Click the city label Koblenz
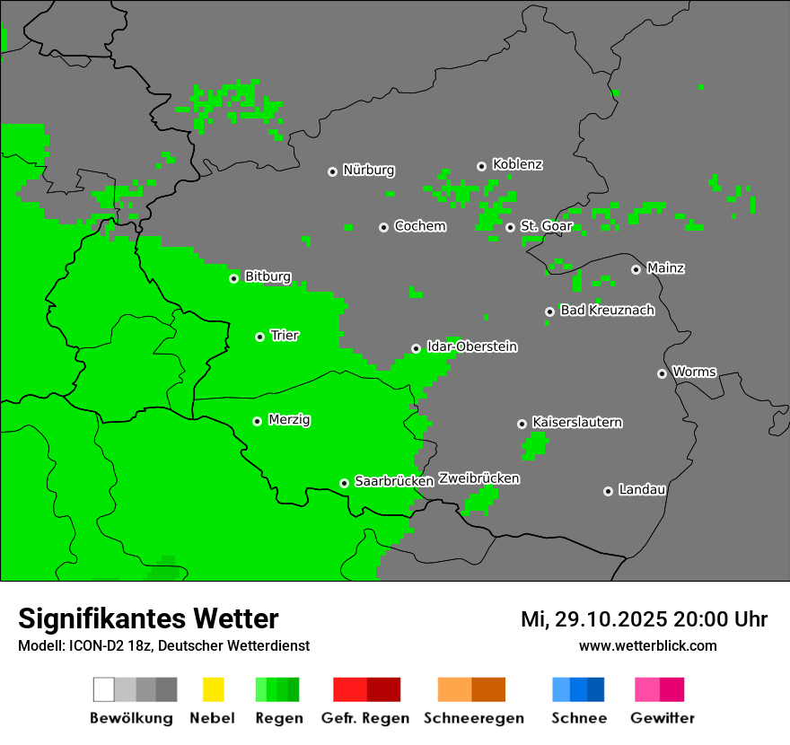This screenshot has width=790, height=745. point(517,165)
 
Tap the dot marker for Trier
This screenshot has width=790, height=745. point(259,337)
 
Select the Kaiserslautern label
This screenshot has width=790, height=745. point(576,423)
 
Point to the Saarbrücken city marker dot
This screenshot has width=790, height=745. point(344,483)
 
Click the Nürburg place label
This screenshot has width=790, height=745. point(368,171)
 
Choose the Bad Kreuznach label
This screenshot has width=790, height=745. point(607,311)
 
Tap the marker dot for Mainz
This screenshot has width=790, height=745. point(636,269)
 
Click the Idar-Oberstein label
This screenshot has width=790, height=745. point(471,347)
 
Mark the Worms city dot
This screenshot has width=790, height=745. point(662,373)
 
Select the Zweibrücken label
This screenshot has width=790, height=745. point(478,479)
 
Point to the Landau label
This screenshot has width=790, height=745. point(642,490)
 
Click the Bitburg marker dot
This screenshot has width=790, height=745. point(233,278)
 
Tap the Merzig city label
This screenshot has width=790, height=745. point(289,420)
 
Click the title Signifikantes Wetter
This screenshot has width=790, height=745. point(148,619)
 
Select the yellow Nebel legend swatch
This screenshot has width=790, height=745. point(213,689)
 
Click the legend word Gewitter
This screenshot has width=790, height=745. point(662,718)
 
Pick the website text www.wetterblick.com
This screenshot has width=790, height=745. point(647,646)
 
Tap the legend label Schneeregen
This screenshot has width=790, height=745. point(473,718)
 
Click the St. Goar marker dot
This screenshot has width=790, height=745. point(510,227)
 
